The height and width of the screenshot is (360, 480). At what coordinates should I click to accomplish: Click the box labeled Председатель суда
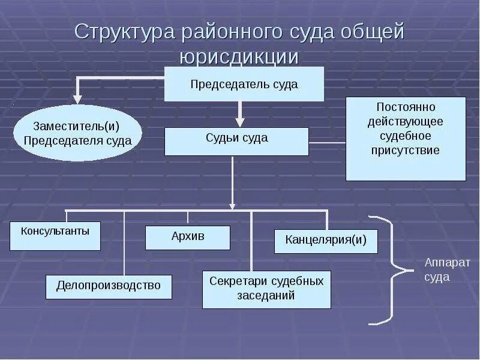pos(244,84)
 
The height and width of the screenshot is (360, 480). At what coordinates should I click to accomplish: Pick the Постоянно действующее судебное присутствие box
pos(406,139)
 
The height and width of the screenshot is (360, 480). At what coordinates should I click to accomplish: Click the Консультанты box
pos(55,236)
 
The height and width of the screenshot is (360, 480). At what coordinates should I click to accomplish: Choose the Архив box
pos(188,237)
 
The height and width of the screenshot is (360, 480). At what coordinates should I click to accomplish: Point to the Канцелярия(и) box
pos(326,241)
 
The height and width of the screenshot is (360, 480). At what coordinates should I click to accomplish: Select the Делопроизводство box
pos(109,286)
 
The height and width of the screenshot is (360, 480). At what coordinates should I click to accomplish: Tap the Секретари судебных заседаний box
pos(266,289)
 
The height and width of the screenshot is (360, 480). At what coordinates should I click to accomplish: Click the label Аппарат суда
pos(447,270)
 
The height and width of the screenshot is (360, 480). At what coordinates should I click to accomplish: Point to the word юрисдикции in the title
pos(239,57)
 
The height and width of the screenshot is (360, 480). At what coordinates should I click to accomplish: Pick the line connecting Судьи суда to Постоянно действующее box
pos(327,142)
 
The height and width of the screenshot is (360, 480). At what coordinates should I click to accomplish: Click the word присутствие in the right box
pos(406,150)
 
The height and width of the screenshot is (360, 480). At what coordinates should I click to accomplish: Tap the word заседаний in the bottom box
pos(266,295)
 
